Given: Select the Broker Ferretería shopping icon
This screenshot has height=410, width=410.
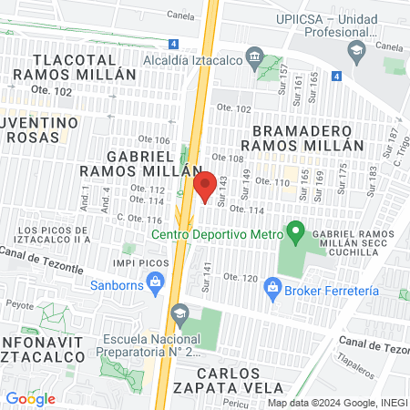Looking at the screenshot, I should [272, 290].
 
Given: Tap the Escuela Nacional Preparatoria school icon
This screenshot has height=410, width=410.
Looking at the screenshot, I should [179, 313].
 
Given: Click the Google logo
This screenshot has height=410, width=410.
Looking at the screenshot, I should [30, 398].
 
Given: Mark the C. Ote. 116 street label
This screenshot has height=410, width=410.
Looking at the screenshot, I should [138, 220].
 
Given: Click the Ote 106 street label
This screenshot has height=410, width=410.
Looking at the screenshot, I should [156, 139].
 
